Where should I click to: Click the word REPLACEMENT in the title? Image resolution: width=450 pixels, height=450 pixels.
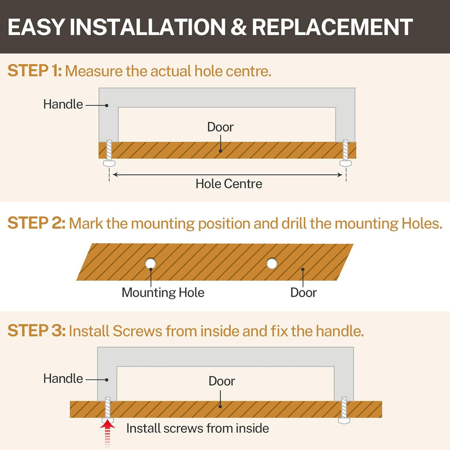click(x=332, y=27)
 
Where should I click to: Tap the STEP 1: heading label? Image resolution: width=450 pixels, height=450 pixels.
click(x=34, y=71)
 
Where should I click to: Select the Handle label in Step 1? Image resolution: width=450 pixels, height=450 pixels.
click(x=63, y=104)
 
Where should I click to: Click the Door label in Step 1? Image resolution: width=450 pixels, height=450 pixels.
click(x=221, y=127)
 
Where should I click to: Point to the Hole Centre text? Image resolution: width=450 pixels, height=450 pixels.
click(x=229, y=184)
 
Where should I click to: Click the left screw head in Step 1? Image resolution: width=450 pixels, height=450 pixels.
click(x=109, y=163)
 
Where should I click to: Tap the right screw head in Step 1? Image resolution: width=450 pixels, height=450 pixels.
click(x=345, y=163)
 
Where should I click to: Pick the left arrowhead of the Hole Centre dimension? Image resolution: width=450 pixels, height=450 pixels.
click(x=115, y=174)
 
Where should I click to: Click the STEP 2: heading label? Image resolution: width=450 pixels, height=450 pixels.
click(x=36, y=223)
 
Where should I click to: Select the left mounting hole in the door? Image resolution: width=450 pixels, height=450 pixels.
click(x=150, y=263)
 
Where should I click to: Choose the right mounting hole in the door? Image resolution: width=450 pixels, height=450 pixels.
click(x=272, y=263)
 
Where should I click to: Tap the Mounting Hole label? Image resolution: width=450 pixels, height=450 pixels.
click(x=163, y=292)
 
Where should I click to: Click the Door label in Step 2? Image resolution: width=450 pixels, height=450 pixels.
click(x=303, y=292)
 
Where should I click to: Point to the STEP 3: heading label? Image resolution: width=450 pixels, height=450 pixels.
click(x=36, y=330)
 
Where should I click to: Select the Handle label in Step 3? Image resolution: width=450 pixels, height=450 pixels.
click(x=63, y=378)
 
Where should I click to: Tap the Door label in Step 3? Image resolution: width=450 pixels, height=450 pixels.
click(x=221, y=381)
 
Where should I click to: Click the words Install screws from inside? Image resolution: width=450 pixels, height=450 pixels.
click(x=198, y=428)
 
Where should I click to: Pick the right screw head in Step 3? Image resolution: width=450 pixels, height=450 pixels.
click(x=344, y=421)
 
